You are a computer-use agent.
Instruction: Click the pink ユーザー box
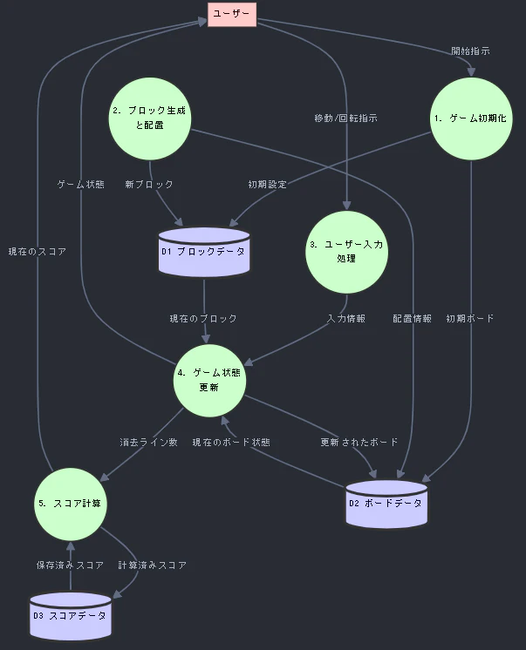[232, 14]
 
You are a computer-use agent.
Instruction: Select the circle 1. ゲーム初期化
[471, 118]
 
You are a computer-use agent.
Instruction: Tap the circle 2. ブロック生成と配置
[150, 118]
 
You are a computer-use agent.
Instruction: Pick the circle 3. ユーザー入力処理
[346, 252]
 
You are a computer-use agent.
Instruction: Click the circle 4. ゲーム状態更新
[209, 380]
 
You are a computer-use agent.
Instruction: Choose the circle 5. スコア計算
[70, 504]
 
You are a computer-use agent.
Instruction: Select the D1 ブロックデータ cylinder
[204, 252]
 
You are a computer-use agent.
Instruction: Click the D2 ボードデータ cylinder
[386, 504]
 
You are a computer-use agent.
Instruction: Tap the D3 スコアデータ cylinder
[70, 616]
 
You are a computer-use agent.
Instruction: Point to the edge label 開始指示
[470, 51]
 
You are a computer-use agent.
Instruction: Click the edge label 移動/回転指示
[345, 118]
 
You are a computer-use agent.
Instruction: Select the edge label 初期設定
[267, 185]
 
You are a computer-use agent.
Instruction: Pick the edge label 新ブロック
[149, 185]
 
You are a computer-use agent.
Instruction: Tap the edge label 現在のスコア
[38, 252]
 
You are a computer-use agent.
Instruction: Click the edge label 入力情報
[346, 318]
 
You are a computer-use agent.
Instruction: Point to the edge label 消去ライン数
[148, 443]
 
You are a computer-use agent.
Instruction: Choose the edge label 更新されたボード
[359, 443]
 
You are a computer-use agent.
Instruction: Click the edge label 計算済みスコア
[153, 565]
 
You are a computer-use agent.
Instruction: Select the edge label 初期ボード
[470, 318]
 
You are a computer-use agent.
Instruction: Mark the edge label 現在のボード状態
[231, 443]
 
